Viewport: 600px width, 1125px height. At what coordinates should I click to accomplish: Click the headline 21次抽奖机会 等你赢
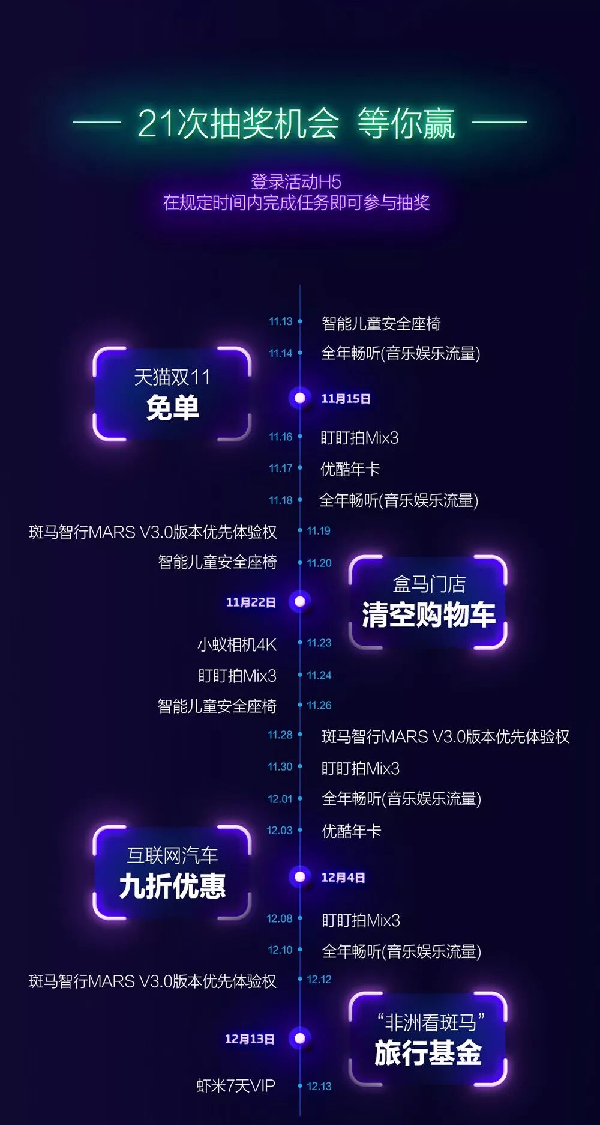click(296, 123)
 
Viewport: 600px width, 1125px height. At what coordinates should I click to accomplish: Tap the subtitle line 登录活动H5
click(296, 181)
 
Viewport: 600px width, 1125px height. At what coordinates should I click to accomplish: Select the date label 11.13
click(280, 321)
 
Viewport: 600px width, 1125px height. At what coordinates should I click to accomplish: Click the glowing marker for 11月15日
click(300, 398)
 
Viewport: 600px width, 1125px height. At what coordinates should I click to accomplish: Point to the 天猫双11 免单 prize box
click(172, 393)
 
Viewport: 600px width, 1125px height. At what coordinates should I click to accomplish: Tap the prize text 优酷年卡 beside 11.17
click(350, 469)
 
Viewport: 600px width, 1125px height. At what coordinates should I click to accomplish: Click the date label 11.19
click(319, 530)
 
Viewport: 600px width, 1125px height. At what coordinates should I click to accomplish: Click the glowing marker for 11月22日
click(300, 601)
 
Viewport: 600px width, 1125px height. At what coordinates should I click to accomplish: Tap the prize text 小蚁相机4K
click(237, 644)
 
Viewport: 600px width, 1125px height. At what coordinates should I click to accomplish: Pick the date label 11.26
click(319, 705)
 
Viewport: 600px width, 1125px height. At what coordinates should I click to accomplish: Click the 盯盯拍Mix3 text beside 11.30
click(360, 768)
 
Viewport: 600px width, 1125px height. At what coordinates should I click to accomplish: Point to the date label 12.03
click(280, 830)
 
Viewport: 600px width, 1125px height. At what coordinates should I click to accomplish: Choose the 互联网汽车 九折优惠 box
click(172, 872)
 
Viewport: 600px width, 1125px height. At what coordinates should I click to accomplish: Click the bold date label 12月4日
click(343, 877)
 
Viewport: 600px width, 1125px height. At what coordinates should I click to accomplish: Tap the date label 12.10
click(280, 950)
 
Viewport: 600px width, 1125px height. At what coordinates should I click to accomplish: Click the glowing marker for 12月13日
click(300, 1038)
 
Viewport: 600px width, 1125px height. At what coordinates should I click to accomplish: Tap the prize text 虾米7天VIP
click(236, 1085)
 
